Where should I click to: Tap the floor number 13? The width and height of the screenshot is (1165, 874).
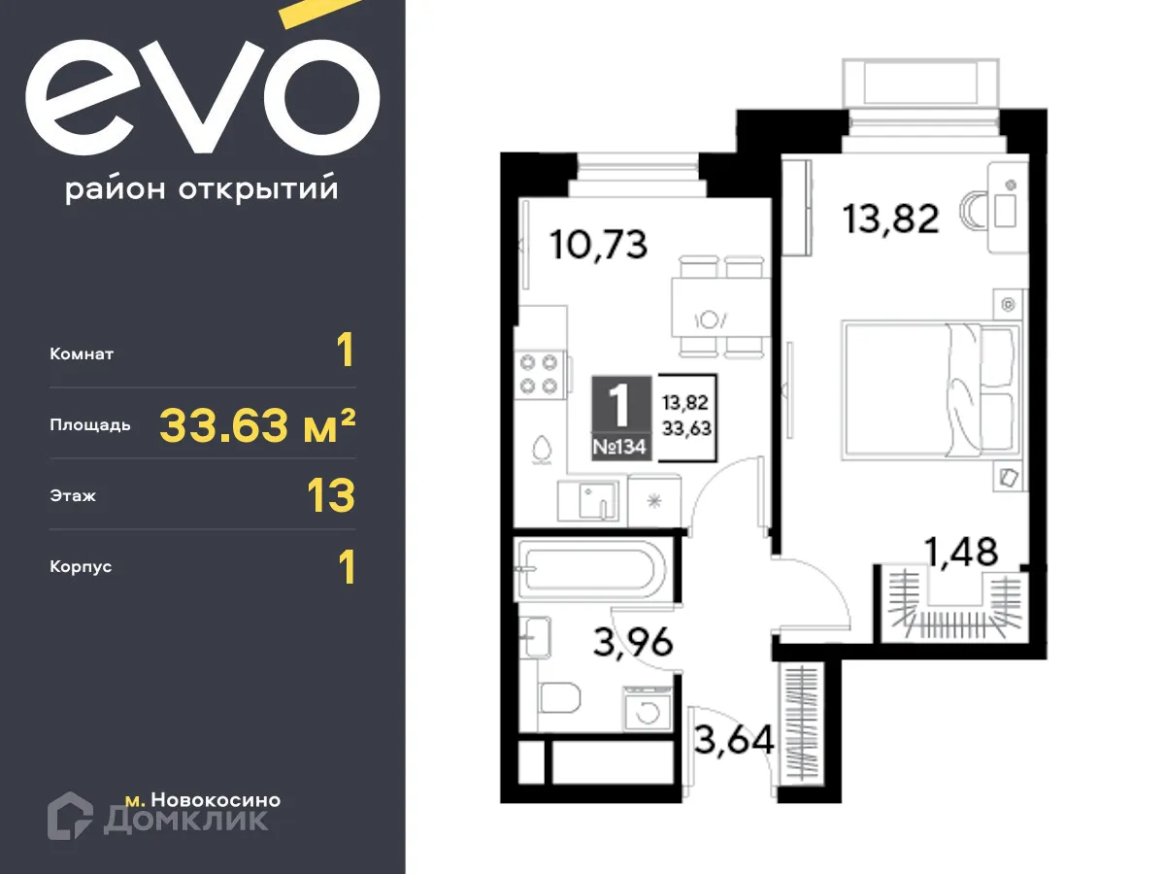(330, 495)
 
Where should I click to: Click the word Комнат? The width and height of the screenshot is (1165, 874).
(82, 354)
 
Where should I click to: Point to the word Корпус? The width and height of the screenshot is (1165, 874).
(81, 566)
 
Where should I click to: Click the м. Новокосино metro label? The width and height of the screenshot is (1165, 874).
(203, 800)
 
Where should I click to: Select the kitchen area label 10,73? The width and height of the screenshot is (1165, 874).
(598, 244)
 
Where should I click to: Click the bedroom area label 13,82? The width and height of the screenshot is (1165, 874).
(890, 219)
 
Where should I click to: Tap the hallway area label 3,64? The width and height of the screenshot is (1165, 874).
(734, 741)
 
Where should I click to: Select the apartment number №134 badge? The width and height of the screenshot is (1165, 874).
(621, 449)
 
